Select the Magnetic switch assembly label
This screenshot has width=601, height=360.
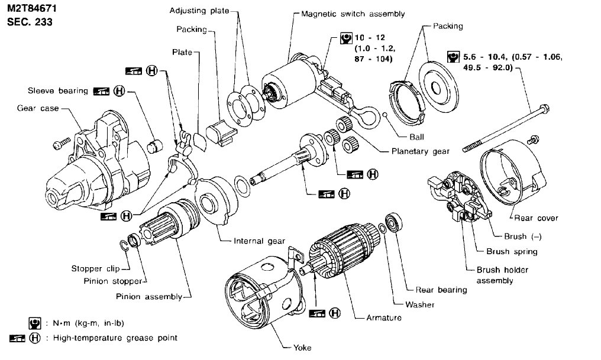(x=344, y=13)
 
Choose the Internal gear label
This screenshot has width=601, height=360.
(x=259, y=241)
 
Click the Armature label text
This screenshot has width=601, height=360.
(x=383, y=318)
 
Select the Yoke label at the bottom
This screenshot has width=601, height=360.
(x=302, y=348)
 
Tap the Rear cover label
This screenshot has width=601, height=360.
(x=535, y=218)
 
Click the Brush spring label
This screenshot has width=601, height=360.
(x=512, y=252)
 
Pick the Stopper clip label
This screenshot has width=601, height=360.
(x=95, y=268)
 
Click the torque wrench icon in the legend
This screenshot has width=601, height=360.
(x=34, y=323)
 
